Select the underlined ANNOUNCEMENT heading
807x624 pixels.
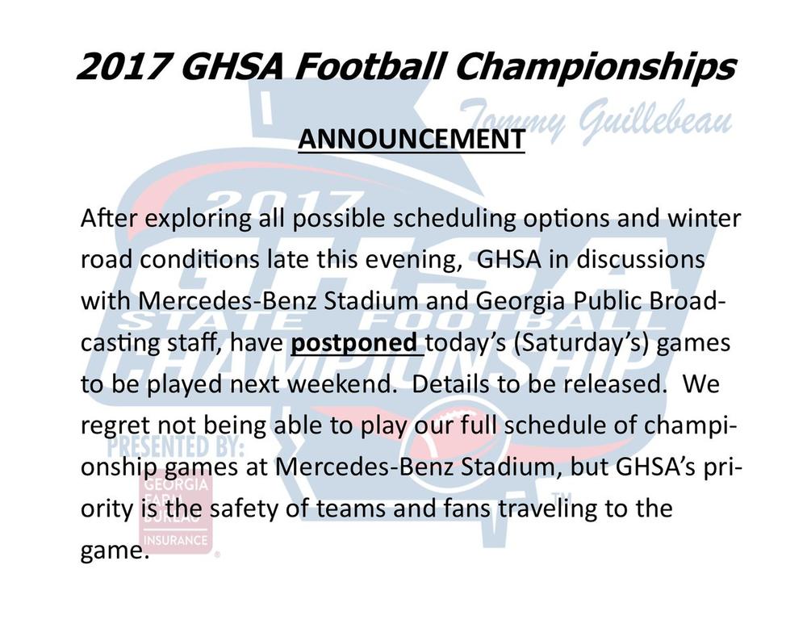(x=412, y=139)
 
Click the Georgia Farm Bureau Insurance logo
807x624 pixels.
(x=175, y=513)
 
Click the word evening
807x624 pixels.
(x=412, y=259)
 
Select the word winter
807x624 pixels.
(x=704, y=218)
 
